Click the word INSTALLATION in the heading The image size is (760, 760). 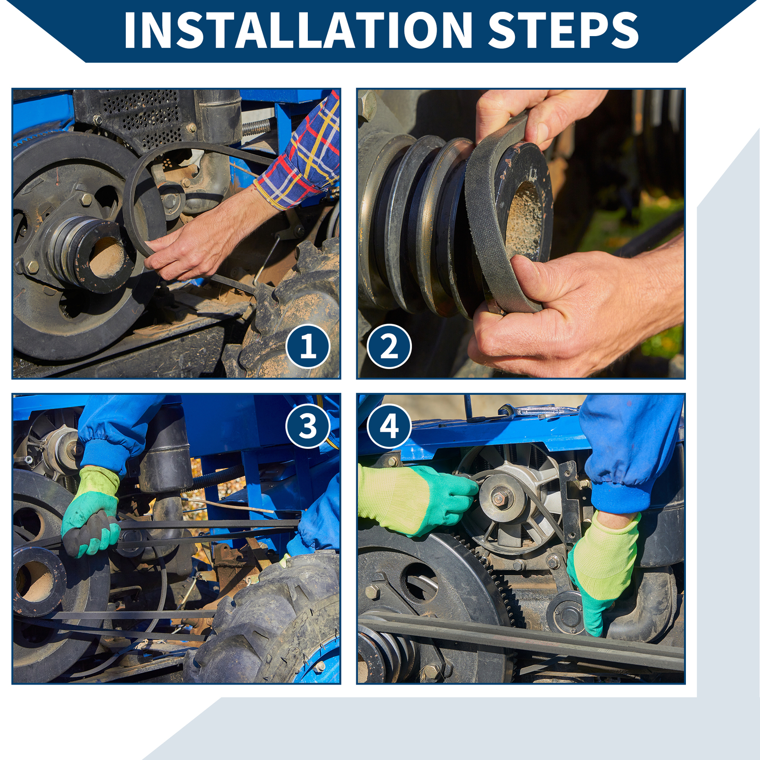298,30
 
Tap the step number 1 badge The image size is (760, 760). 308,346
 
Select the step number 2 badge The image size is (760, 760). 389,346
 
